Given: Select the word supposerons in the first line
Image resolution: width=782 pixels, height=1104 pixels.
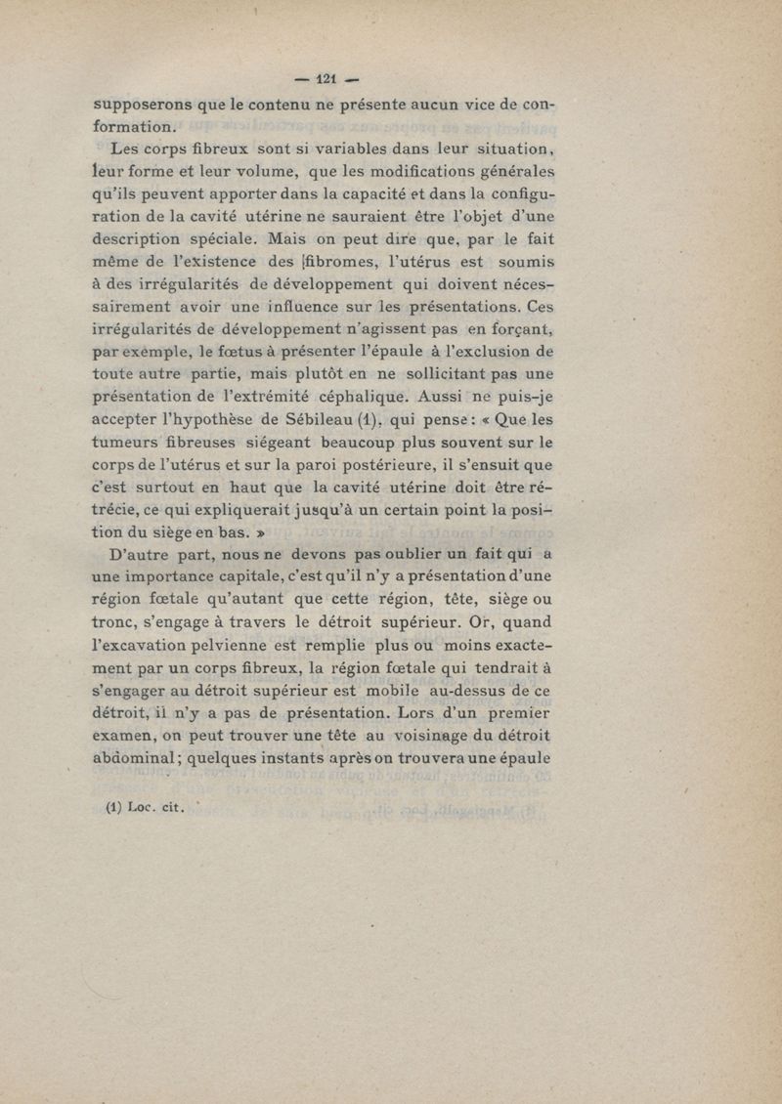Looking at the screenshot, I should pyautogui.click(x=140, y=104).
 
